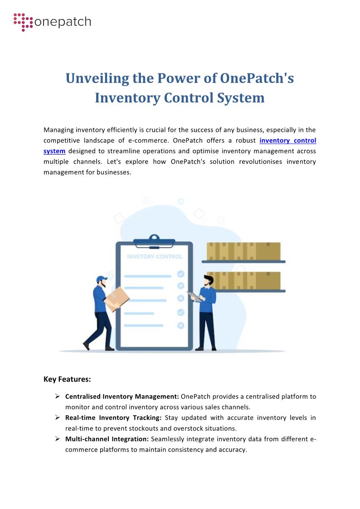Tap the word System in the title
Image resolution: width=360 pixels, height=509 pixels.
pos(243,97)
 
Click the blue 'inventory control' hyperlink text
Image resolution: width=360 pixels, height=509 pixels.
pos(288,141)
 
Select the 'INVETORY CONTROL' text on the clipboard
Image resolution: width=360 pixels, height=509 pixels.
pos(155,257)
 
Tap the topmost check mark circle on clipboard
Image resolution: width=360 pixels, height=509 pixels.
pos(180,274)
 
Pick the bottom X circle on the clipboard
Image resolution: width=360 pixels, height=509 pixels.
pos(180,325)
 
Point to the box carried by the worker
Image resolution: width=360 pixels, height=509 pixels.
pos(117,299)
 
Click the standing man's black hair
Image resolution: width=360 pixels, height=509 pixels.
pos(208,278)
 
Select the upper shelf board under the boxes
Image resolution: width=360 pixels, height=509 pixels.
pos(243,262)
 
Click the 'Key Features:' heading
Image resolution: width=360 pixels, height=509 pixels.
pos(67,379)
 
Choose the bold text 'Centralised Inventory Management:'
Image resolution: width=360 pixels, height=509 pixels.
pos(122,397)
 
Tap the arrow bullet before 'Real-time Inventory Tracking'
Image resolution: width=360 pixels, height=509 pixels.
pos(58,417)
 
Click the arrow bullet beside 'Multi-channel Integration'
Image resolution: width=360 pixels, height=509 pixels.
pos(58,439)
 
